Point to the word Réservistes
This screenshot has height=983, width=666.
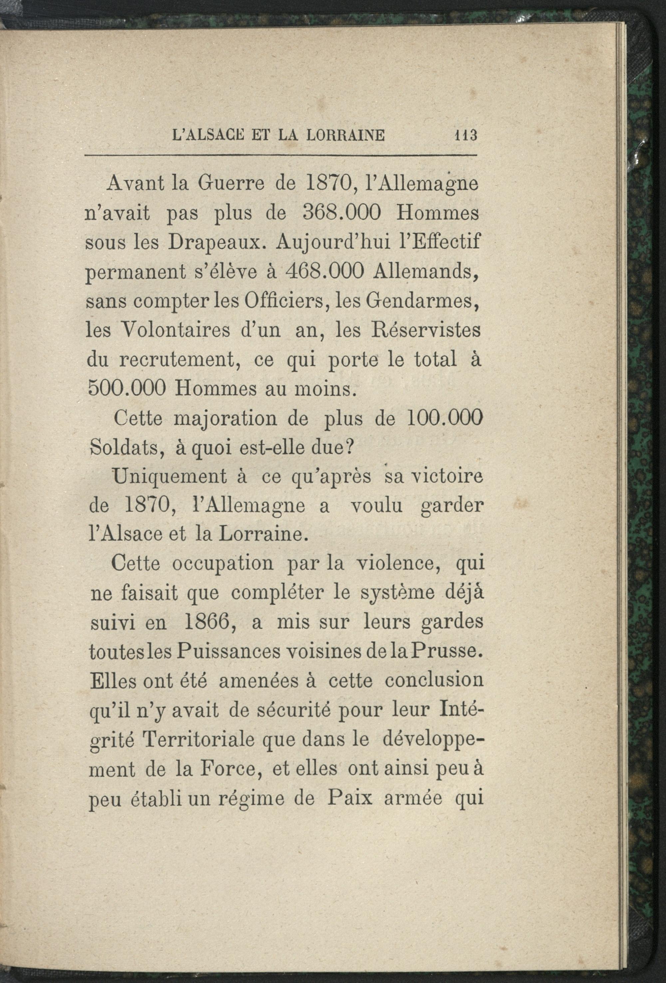click(x=428, y=330)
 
